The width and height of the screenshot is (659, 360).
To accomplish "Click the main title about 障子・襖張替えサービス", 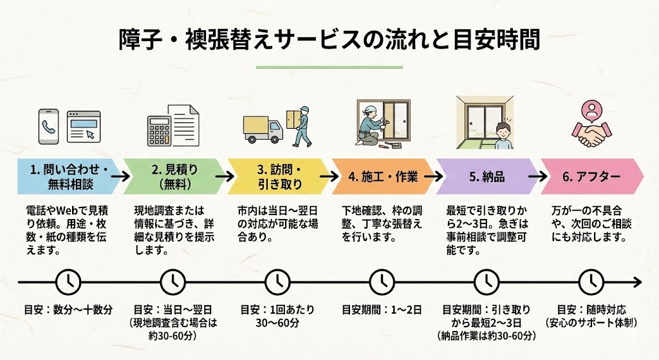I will (x=329, y=39).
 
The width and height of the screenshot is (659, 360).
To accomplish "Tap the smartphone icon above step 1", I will (x=48, y=126).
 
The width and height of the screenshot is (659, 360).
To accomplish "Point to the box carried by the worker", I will (x=294, y=117).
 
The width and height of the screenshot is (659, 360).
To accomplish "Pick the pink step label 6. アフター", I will (x=591, y=176).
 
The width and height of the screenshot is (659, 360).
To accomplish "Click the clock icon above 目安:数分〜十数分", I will (x=68, y=281).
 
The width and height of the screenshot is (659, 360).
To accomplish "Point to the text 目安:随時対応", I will (x=591, y=309).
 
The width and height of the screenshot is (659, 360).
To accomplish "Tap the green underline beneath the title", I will (x=329, y=67).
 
